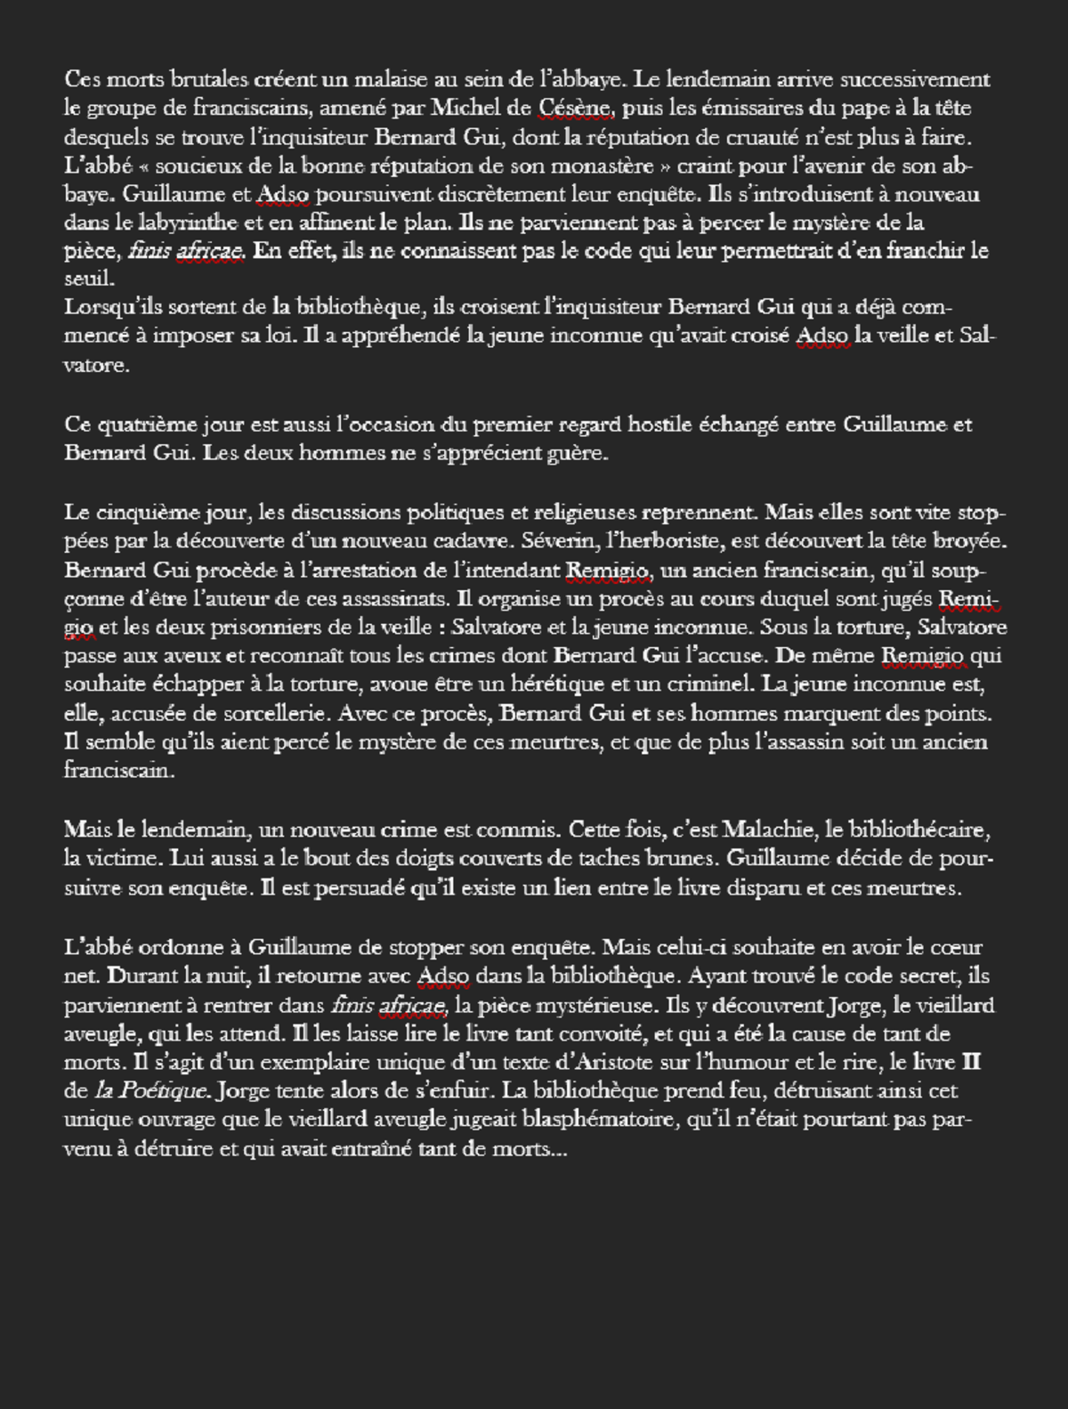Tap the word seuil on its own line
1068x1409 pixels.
pos(89,279)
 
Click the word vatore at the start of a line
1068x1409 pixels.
pos(96,365)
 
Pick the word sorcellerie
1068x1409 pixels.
pos(273,714)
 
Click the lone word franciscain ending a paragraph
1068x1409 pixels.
pos(118,771)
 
